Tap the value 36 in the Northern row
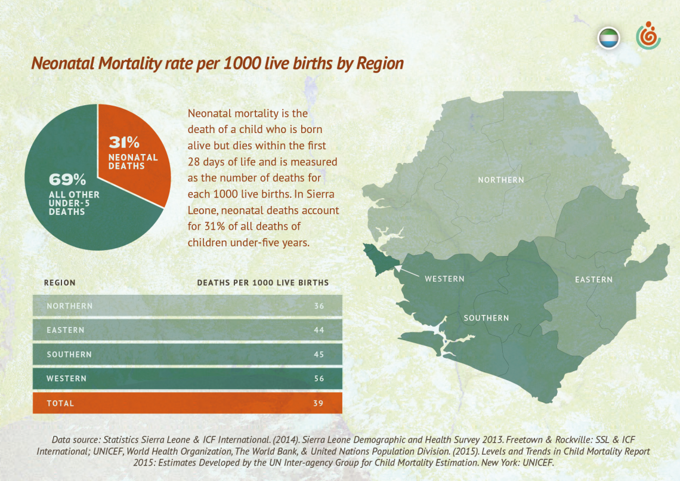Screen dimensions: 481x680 tap(319, 306)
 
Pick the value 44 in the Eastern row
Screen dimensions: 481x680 tap(319, 330)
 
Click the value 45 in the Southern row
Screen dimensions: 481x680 tap(319, 354)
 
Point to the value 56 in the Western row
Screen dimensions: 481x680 tap(319, 378)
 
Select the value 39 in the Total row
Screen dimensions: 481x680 tap(319, 403)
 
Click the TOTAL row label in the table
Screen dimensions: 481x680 tap(60, 403)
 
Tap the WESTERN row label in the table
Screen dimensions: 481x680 tap(66, 378)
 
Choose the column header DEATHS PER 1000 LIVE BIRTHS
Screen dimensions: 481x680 tap(263, 283)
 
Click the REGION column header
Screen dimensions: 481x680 tap(60, 283)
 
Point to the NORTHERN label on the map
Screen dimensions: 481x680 tap(501, 180)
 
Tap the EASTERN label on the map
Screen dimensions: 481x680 tap(594, 279)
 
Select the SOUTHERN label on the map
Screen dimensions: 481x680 tap(486, 318)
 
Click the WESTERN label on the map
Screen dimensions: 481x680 tap(444, 279)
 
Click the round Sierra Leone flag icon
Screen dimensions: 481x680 tap(608, 39)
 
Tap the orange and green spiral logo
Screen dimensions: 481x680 tap(648, 36)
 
